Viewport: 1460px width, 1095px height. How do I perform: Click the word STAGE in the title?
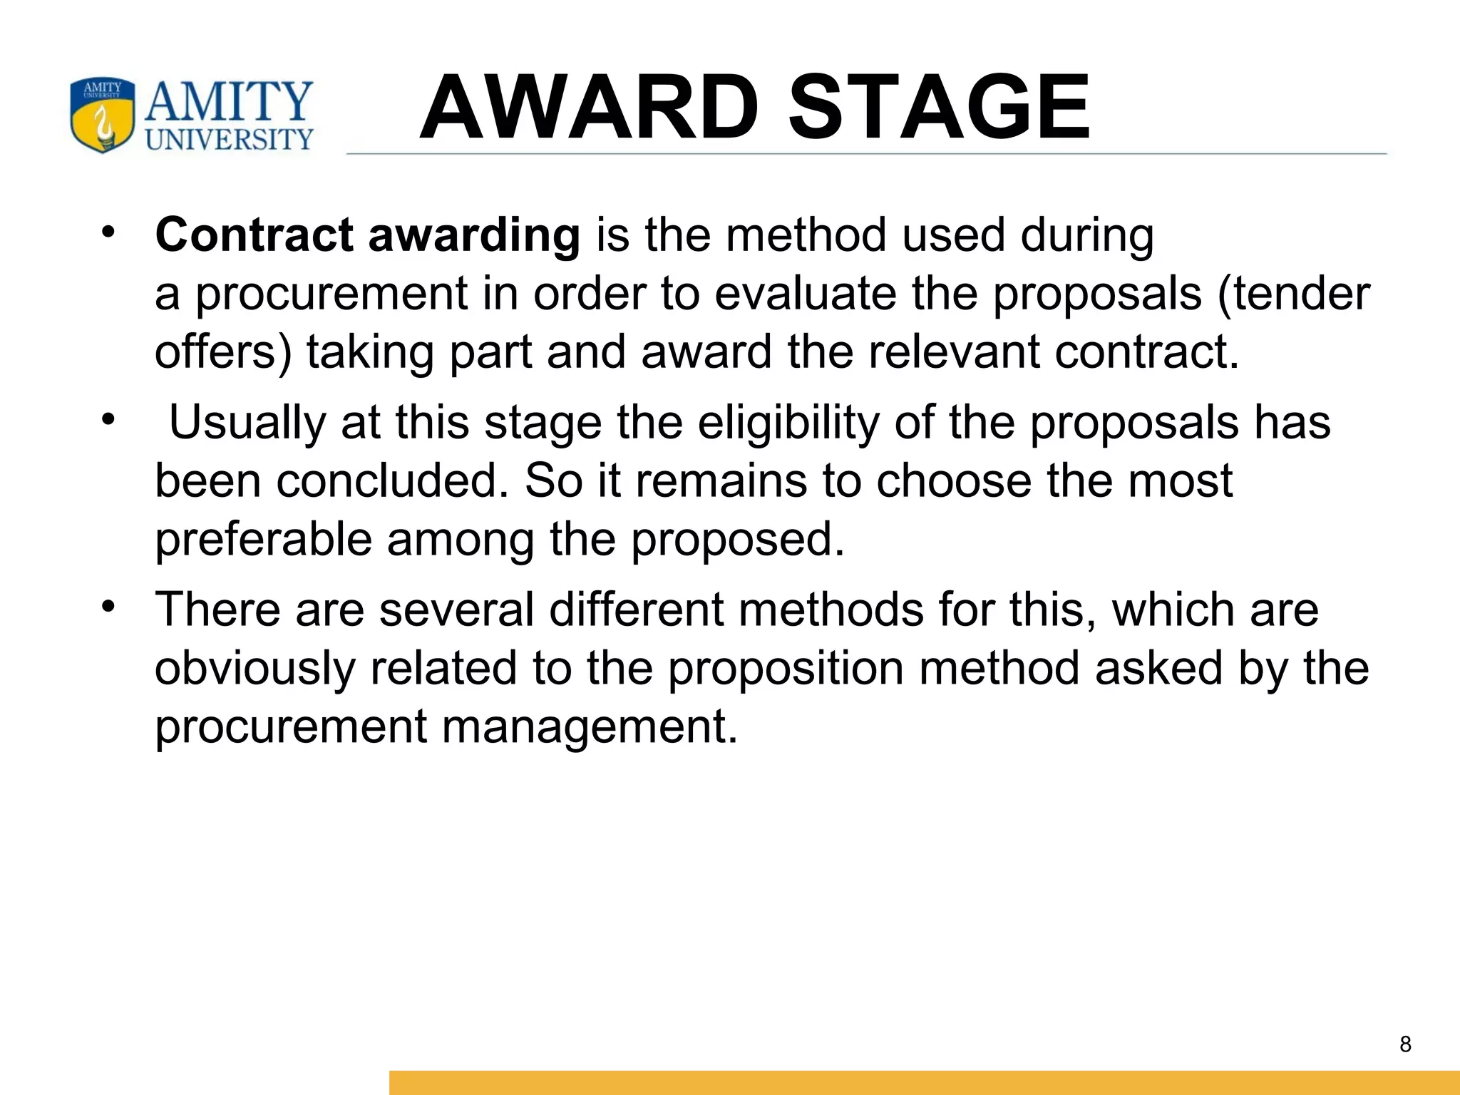coord(939,108)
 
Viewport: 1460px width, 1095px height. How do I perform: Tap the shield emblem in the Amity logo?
coord(102,115)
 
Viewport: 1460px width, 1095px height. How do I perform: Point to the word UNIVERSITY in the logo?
coord(229,139)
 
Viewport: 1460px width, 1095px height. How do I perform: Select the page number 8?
coord(1405,1044)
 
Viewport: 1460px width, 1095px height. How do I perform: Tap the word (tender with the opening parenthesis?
coord(1293,294)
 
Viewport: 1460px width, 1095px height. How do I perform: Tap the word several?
coord(456,610)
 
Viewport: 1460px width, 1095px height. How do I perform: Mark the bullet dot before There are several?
coord(108,607)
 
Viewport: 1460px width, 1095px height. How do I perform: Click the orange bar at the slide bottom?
coord(924,1082)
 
